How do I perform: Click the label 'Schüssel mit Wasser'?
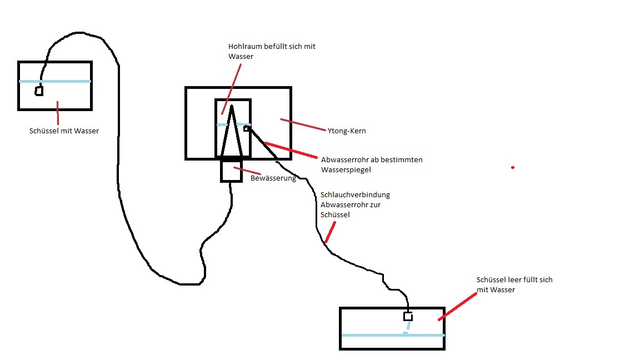tap(64, 132)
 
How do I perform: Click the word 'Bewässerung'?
tap(273, 178)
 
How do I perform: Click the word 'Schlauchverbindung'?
tap(356, 195)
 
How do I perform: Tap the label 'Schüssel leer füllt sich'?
tap(514, 280)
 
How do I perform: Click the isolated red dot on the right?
tap(512, 167)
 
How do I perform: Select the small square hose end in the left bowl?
tap(39, 91)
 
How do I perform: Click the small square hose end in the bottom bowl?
tap(408, 317)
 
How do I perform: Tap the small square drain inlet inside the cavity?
tap(246, 129)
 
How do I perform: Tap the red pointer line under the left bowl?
tap(58, 113)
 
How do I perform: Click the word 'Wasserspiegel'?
tap(346, 170)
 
